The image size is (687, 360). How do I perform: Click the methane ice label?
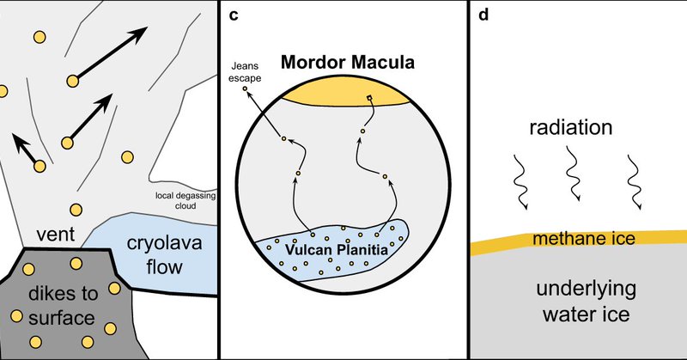coord(584,238)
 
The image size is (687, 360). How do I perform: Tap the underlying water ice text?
coord(581,301)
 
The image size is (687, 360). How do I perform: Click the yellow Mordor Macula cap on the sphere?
coord(347,94)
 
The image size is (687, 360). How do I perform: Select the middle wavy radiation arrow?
coord(573,178)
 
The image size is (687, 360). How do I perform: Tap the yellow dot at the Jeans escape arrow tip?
coord(244,88)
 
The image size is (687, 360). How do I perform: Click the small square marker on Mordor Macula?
coord(370,97)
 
